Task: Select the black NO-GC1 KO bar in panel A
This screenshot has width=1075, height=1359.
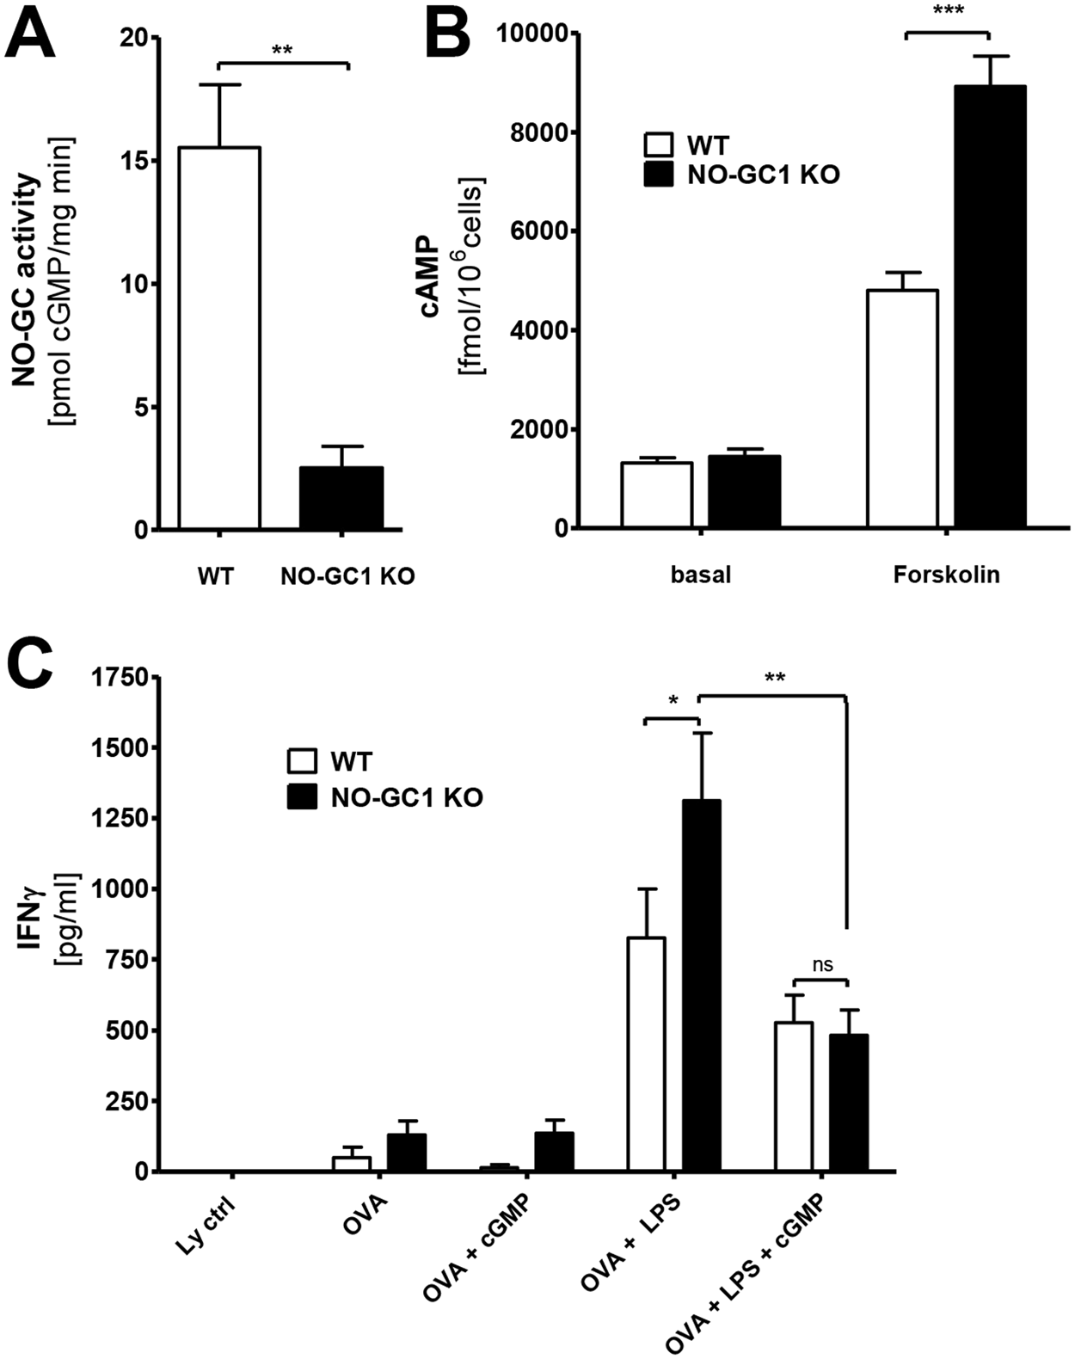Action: pyautogui.click(x=341, y=498)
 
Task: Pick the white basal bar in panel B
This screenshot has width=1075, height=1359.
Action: pyautogui.click(x=657, y=495)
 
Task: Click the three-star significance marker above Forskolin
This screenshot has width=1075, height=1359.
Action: pyautogui.click(x=946, y=11)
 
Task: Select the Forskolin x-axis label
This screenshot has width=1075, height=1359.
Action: pyautogui.click(x=946, y=575)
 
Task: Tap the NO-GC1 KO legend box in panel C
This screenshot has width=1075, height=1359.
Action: pyautogui.click(x=301, y=796)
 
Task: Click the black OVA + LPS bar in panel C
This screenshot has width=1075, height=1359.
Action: pyautogui.click(x=702, y=985)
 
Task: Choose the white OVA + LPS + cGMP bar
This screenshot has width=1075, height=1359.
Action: pyautogui.click(x=793, y=1096)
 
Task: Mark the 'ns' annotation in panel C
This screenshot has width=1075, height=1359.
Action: pyautogui.click(x=822, y=965)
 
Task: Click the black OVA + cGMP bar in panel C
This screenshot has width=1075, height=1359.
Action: pyautogui.click(x=554, y=1152)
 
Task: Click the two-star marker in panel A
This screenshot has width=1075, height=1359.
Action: pyautogui.click(x=282, y=50)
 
